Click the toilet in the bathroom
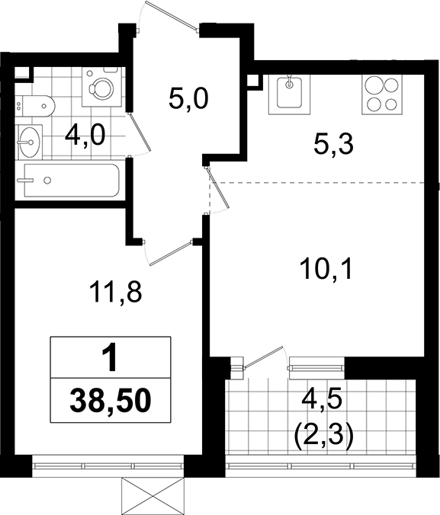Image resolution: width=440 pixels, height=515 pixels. (35, 106)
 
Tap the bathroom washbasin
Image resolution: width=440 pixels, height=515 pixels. (30, 142)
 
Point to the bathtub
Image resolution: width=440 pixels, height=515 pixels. (72, 180)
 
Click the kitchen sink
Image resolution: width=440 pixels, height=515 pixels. (289, 94)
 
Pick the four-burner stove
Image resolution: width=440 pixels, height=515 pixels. (382, 94)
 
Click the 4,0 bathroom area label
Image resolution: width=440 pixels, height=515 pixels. (85, 136)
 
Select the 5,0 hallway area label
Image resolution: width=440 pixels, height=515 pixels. (188, 99)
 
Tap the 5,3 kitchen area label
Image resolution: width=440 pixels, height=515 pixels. (333, 145)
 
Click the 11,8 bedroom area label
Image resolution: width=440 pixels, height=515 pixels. (115, 293)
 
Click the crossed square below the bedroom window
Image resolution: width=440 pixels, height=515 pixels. (152, 496)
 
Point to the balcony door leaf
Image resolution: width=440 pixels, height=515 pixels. (263, 357)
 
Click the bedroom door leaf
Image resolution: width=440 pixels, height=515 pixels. (170, 254)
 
